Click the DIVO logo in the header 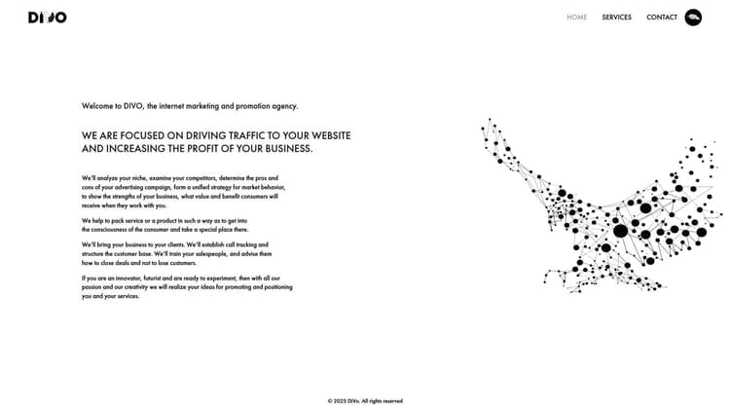click(47, 17)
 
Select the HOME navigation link click(577, 17)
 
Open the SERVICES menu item click(616, 17)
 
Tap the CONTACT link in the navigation click(662, 17)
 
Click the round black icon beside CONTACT click(693, 17)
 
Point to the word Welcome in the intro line click(96, 105)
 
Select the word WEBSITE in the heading click(325, 134)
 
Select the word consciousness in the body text click(114, 229)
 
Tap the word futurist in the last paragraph click(153, 278)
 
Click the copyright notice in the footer click(365, 400)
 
